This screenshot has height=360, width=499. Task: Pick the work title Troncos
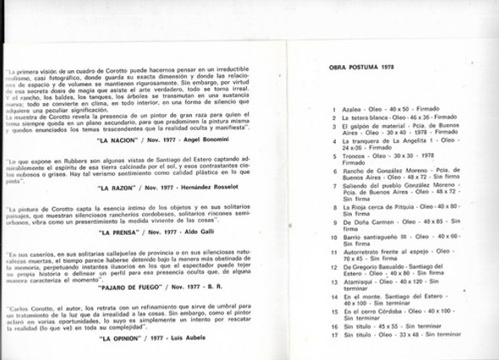[x=356, y=155]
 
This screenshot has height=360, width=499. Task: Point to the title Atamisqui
[x=359, y=281]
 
